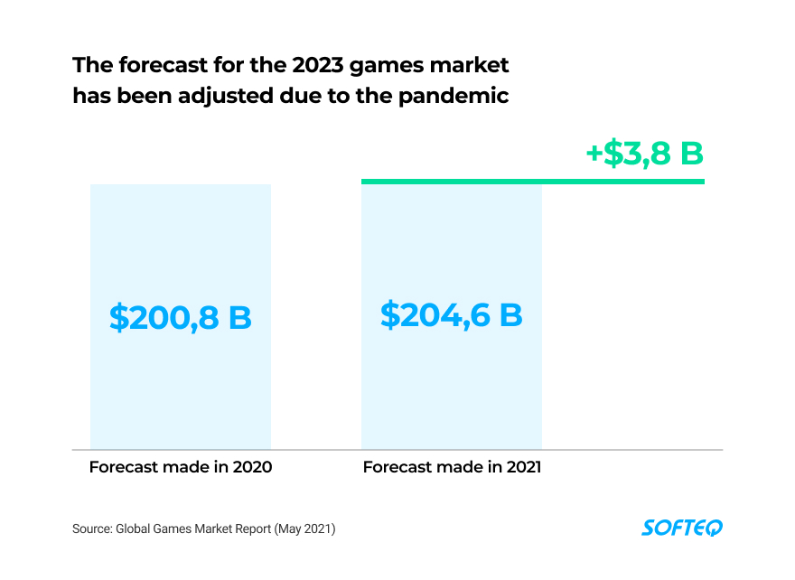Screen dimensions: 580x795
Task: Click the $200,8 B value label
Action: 181,318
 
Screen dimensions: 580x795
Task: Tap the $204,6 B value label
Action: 452,315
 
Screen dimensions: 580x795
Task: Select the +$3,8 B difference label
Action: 644,154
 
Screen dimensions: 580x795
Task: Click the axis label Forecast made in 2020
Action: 181,467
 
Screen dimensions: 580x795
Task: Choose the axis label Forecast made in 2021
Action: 452,467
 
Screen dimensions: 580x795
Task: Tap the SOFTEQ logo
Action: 682,528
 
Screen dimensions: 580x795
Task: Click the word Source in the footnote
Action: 91,529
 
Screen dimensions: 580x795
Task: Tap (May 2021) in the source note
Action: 304,529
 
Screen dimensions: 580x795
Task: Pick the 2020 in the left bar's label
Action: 253,467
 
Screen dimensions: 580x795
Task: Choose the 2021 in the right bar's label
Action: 523,467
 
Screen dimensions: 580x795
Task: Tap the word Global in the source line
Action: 135,529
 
